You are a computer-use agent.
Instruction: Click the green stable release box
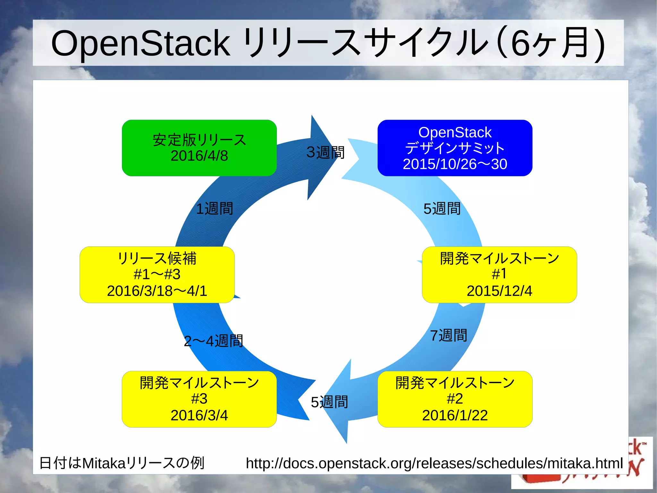(x=199, y=148)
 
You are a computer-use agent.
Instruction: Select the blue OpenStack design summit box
(x=455, y=148)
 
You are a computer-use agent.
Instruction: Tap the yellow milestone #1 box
(x=499, y=275)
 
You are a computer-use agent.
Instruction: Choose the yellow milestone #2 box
(x=455, y=399)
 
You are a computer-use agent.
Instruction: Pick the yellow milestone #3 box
(x=199, y=399)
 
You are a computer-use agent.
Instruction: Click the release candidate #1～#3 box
(x=157, y=275)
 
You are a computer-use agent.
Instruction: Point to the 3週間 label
(x=325, y=152)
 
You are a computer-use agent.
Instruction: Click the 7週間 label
(x=448, y=336)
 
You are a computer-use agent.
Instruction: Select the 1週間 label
(x=214, y=209)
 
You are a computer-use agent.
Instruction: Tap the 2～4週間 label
(x=213, y=341)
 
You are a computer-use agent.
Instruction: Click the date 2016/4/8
(x=199, y=156)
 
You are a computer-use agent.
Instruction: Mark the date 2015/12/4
(x=499, y=291)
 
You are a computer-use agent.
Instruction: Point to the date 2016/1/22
(x=455, y=415)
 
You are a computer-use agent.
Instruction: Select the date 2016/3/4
(x=199, y=415)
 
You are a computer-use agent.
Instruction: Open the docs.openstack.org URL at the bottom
(x=434, y=463)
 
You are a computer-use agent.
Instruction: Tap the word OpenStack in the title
(x=141, y=43)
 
